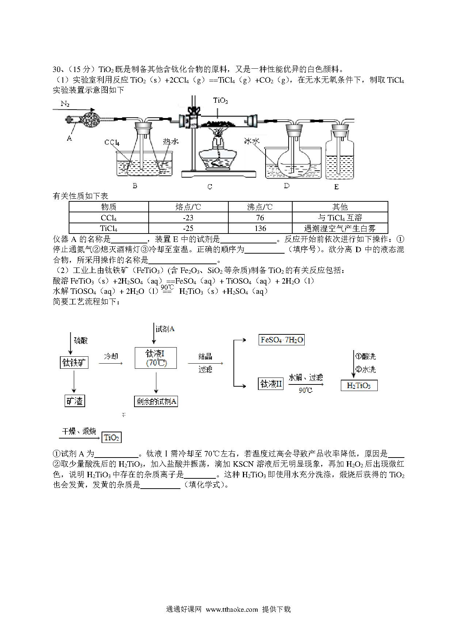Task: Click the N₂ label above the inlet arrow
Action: point(65,104)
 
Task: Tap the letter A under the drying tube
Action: point(69,139)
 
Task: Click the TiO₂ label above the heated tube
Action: point(221,101)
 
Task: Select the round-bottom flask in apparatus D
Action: point(294,157)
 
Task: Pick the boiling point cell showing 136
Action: point(260,228)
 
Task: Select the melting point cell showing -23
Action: point(188,218)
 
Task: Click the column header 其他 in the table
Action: point(340,207)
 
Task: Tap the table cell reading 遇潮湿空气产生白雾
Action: point(340,228)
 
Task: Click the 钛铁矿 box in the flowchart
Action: point(74,363)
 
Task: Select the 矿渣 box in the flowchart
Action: point(75,401)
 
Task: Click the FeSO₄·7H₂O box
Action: point(281,340)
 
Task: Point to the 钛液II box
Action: point(271,384)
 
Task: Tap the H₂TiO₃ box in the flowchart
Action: point(359,386)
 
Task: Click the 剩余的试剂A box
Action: point(156,402)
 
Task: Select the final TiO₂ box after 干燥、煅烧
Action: point(111,437)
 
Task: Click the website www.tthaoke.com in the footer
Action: point(232,609)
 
